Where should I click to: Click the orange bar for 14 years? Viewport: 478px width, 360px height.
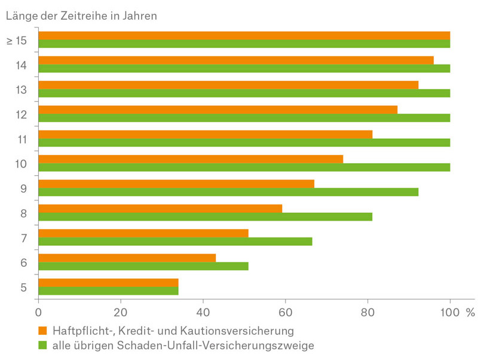(235, 60)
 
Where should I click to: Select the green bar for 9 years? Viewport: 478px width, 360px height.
(228, 192)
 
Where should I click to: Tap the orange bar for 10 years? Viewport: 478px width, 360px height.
(191, 158)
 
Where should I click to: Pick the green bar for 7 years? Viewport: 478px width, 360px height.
(175, 241)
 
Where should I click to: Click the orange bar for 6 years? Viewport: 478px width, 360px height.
(127, 258)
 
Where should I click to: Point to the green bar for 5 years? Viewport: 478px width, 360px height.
(108, 291)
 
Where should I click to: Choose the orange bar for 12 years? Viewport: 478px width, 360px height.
(217, 109)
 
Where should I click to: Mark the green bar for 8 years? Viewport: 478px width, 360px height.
(205, 216)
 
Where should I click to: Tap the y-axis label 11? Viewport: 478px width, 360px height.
(22, 139)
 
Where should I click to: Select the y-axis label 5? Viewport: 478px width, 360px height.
(23, 287)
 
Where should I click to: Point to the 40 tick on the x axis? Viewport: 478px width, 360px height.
(203, 312)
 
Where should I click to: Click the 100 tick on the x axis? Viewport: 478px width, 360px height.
(450, 312)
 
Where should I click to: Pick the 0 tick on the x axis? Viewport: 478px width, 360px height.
(39, 312)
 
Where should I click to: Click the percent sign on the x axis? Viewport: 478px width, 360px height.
(470, 312)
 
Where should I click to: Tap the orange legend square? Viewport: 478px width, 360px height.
(42, 330)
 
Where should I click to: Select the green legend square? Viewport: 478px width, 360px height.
(42, 345)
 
